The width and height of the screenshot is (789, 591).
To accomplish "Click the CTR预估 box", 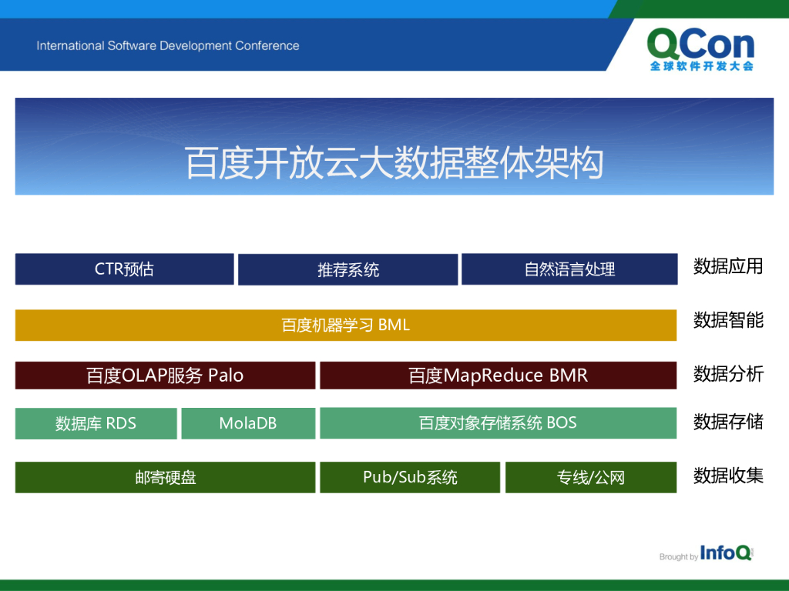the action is pyautogui.click(x=124, y=269).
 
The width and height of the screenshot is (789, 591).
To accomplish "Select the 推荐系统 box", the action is pyautogui.click(x=347, y=269).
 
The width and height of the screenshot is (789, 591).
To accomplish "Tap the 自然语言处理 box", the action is pyautogui.click(x=569, y=269).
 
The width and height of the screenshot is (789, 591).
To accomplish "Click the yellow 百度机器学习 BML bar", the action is pyautogui.click(x=346, y=326).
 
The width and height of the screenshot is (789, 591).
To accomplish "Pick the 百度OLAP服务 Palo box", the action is pyautogui.click(x=165, y=375).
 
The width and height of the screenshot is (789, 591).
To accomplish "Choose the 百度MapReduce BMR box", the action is pyautogui.click(x=499, y=375).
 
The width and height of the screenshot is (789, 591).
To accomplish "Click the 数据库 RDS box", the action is pyautogui.click(x=96, y=423).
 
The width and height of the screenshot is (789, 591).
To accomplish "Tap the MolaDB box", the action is pyautogui.click(x=248, y=423).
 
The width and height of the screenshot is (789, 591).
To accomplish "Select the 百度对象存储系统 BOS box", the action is pyautogui.click(x=499, y=422).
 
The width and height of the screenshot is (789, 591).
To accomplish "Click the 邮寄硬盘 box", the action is pyautogui.click(x=165, y=477).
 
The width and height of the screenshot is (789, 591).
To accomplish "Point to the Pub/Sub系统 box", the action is pyautogui.click(x=410, y=477).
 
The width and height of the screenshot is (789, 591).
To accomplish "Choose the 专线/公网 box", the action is pyautogui.click(x=591, y=477).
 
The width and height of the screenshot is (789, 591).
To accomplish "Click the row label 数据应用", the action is pyautogui.click(x=728, y=266).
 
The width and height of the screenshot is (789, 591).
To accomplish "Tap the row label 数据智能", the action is pyautogui.click(x=728, y=319).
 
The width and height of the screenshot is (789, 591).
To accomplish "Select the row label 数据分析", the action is pyautogui.click(x=728, y=373).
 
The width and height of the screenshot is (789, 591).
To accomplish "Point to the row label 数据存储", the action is pyautogui.click(x=728, y=422).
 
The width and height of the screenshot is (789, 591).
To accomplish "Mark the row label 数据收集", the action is pyautogui.click(x=728, y=475).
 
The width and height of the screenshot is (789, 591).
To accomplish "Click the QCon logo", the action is pyautogui.click(x=700, y=48).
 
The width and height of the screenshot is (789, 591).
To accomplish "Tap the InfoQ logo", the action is pyautogui.click(x=726, y=553).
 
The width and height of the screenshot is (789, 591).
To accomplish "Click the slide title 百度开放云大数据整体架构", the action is pyautogui.click(x=394, y=163).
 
